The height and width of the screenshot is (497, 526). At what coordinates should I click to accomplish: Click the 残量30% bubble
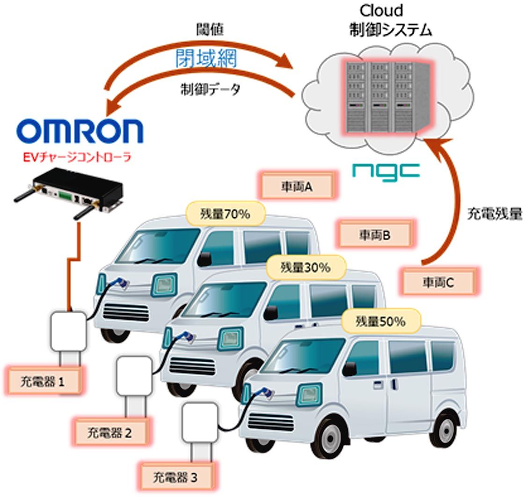[305, 268]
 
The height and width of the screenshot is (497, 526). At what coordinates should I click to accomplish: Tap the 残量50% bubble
[380, 322]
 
